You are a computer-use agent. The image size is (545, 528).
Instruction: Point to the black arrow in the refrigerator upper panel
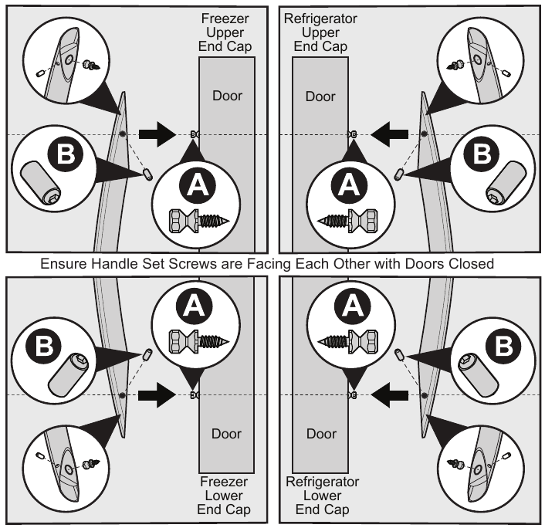point(388,134)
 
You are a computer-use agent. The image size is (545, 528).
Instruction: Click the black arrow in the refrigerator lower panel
point(388,395)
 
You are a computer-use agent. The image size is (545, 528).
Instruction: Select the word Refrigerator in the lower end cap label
point(320,482)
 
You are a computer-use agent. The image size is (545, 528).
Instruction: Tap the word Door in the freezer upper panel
point(227,96)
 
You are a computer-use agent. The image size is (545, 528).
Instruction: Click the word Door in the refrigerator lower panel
point(320,433)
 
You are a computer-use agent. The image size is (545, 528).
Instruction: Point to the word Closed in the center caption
point(472,263)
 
